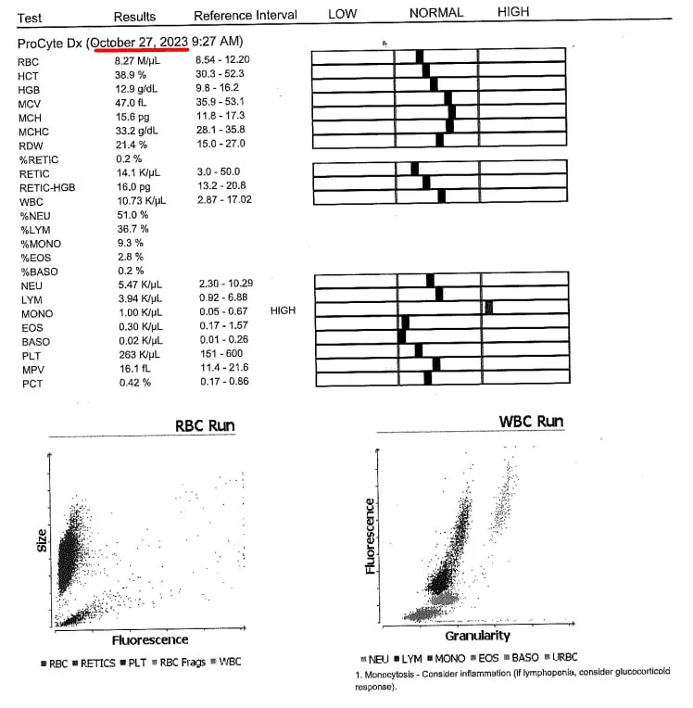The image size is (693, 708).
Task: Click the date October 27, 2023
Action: pos(139,43)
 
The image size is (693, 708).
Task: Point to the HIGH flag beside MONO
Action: pos(283,311)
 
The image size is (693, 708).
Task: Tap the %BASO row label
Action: pos(36,271)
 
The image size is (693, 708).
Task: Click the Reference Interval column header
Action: pos(245,16)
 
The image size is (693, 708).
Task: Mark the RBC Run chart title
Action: pos(205,426)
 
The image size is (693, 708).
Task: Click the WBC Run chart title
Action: pos(531,422)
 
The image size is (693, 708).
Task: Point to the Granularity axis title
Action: pos(478,636)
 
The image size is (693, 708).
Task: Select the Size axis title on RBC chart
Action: pos(42,540)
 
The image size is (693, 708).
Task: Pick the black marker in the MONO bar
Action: pos(488,308)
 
